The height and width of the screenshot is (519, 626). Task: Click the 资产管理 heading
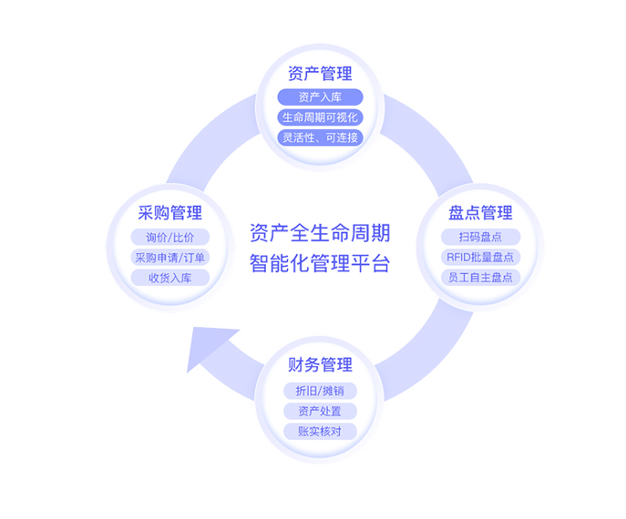tap(320, 74)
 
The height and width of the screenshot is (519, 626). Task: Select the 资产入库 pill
tap(320, 97)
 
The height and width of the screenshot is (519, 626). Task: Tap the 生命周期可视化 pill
tap(320, 117)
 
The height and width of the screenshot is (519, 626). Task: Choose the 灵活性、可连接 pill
tap(320, 137)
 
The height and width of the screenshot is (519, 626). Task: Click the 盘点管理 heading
tap(480, 213)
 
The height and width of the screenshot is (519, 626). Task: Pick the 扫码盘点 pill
tap(480, 237)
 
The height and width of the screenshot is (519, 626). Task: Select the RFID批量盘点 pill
tap(480, 257)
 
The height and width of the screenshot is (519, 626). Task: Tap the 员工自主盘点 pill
tap(480, 277)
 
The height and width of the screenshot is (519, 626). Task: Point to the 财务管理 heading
tap(320, 366)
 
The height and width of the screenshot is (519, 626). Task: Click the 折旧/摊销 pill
tap(320, 390)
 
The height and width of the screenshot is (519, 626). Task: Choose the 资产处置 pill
tap(320, 411)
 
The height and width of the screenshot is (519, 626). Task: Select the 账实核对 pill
tap(320, 432)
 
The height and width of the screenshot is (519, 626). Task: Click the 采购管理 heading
tap(169, 213)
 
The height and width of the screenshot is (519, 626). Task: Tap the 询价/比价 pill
tap(169, 237)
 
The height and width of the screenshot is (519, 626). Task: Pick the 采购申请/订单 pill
tap(169, 257)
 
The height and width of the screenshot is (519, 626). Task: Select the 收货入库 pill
tap(169, 278)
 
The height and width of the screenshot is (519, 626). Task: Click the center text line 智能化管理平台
tap(319, 264)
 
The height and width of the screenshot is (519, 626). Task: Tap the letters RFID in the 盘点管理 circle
tap(459, 257)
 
